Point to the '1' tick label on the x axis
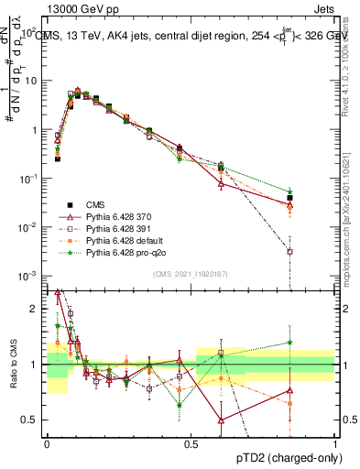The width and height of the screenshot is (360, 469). (334, 442)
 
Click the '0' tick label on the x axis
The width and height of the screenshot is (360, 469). (48, 442)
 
